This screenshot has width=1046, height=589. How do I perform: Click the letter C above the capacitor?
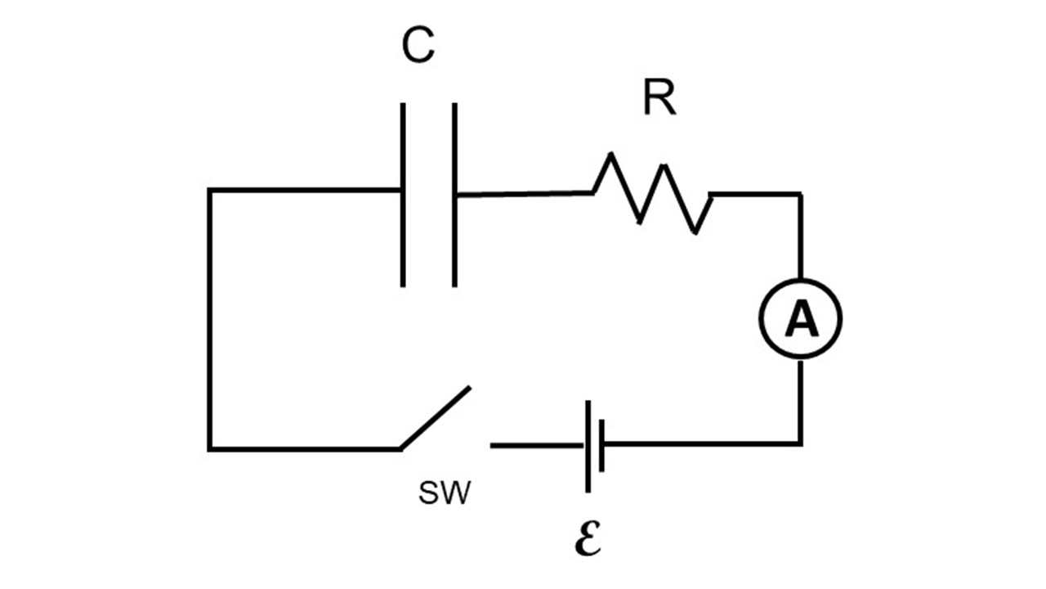click(x=418, y=47)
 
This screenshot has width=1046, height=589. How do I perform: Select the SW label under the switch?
click(x=445, y=493)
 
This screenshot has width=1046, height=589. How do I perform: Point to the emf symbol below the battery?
click(x=588, y=540)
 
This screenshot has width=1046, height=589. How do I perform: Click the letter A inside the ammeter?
click(x=800, y=321)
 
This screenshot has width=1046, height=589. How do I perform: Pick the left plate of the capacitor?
click(x=403, y=195)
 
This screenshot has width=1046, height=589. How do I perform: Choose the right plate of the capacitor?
click(x=454, y=195)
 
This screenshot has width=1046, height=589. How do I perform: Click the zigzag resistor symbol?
click(x=652, y=194)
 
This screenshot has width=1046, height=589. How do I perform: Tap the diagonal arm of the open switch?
click(x=436, y=417)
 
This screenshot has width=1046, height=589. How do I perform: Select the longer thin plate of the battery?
click(x=588, y=446)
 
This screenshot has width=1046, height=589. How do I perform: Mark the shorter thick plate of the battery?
click(x=601, y=446)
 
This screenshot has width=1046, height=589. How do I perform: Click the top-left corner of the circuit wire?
click(x=210, y=191)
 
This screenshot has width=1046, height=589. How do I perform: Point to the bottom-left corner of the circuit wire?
click(x=210, y=448)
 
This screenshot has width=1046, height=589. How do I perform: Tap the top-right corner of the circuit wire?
click(x=800, y=195)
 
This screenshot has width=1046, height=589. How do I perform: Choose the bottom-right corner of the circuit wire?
click(x=800, y=444)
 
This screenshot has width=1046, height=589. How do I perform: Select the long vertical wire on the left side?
click(x=210, y=319)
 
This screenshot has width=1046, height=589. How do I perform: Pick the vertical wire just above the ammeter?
click(x=800, y=237)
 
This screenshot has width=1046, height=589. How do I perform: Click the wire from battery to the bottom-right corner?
click(x=703, y=444)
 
